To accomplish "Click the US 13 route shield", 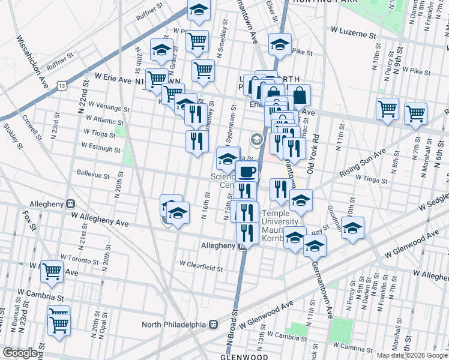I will (x=62, y=86).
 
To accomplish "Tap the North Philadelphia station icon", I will (x=213, y=325).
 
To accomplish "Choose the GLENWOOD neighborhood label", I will (x=244, y=356).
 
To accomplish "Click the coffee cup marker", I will (x=247, y=172).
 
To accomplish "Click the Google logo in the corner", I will (x=20, y=353).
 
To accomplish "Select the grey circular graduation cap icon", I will (x=257, y=140).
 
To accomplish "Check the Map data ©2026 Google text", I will (x=411, y=355).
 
